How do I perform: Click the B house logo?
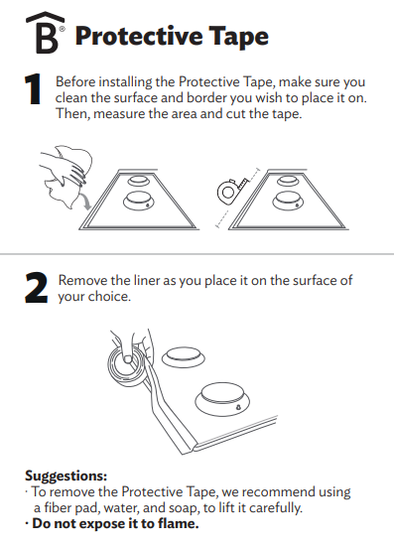pos(46,33)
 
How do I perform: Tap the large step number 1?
pos(33,89)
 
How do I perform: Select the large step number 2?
pos(36,288)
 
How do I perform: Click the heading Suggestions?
pos(66,476)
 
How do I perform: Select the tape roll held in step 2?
pos(127,363)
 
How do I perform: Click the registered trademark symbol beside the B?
pos(62,29)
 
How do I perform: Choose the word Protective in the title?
pos(139,36)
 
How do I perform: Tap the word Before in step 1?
pos(75,82)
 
